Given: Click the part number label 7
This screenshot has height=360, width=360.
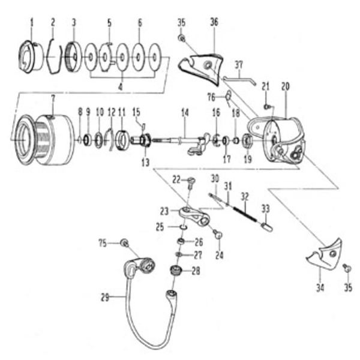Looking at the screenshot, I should [x=53, y=97].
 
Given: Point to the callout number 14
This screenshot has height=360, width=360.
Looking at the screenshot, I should [x=185, y=112].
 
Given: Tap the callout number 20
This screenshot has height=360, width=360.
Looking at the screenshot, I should [x=285, y=86].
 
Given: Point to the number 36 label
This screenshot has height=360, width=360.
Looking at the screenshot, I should [x=214, y=22].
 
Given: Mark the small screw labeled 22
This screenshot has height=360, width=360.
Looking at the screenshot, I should [x=191, y=181].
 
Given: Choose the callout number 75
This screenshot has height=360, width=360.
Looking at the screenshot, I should [x=102, y=242].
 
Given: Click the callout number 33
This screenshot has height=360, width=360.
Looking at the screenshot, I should [x=266, y=208].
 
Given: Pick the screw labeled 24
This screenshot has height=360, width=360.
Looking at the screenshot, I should [x=217, y=235].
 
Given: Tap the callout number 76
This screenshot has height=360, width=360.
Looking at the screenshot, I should [x=211, y=97].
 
